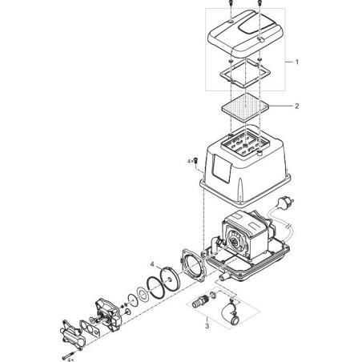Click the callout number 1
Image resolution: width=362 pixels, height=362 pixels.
coord(297,62)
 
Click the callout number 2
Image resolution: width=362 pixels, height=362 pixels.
coord(297,106)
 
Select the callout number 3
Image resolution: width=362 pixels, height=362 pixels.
coord(207,326)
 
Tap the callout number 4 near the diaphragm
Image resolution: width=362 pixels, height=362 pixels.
coord(152,264)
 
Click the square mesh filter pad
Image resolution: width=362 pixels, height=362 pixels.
coord(245,107)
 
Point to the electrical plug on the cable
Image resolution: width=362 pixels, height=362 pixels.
coord(286,202)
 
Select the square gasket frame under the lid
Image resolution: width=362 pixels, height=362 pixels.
coord(245,73)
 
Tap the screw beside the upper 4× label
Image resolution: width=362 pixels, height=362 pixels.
coord(195,161)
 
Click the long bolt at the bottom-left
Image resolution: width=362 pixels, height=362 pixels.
coord(69,356)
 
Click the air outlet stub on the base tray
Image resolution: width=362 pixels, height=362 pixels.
coord(223,278)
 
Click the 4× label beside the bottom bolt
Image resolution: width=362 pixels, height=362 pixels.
coord(70,360)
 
